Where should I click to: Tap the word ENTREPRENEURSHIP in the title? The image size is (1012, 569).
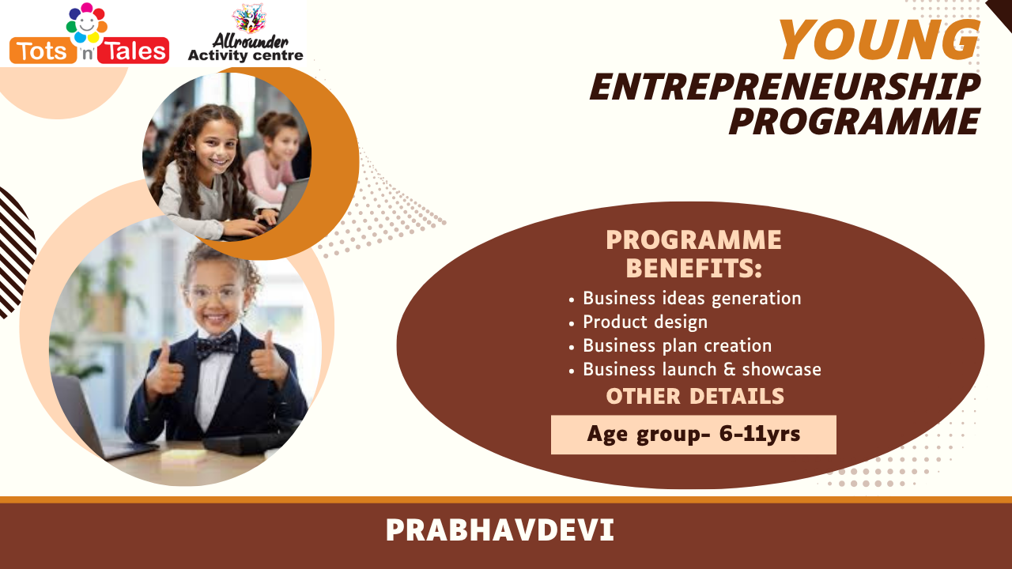[785, 87]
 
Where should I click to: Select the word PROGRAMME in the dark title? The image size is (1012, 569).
[855, 121]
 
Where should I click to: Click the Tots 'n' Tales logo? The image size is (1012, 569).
[89, 33]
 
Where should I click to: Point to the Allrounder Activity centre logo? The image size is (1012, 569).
[245, 32]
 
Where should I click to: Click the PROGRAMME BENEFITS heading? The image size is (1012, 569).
[693, 254]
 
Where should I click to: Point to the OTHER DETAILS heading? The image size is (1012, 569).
[695, 397]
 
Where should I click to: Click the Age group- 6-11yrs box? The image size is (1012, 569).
[693, 435]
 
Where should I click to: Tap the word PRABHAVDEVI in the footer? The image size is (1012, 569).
[500, 530]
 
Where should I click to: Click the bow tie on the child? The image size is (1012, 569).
[217, 345]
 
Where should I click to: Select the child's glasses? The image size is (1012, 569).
[214, 294]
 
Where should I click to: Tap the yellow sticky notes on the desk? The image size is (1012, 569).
[183, 457]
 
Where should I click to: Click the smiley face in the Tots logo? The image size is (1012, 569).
[87, 23]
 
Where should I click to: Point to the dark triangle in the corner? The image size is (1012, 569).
[1000, 13]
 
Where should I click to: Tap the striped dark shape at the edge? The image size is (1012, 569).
[16, 253]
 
